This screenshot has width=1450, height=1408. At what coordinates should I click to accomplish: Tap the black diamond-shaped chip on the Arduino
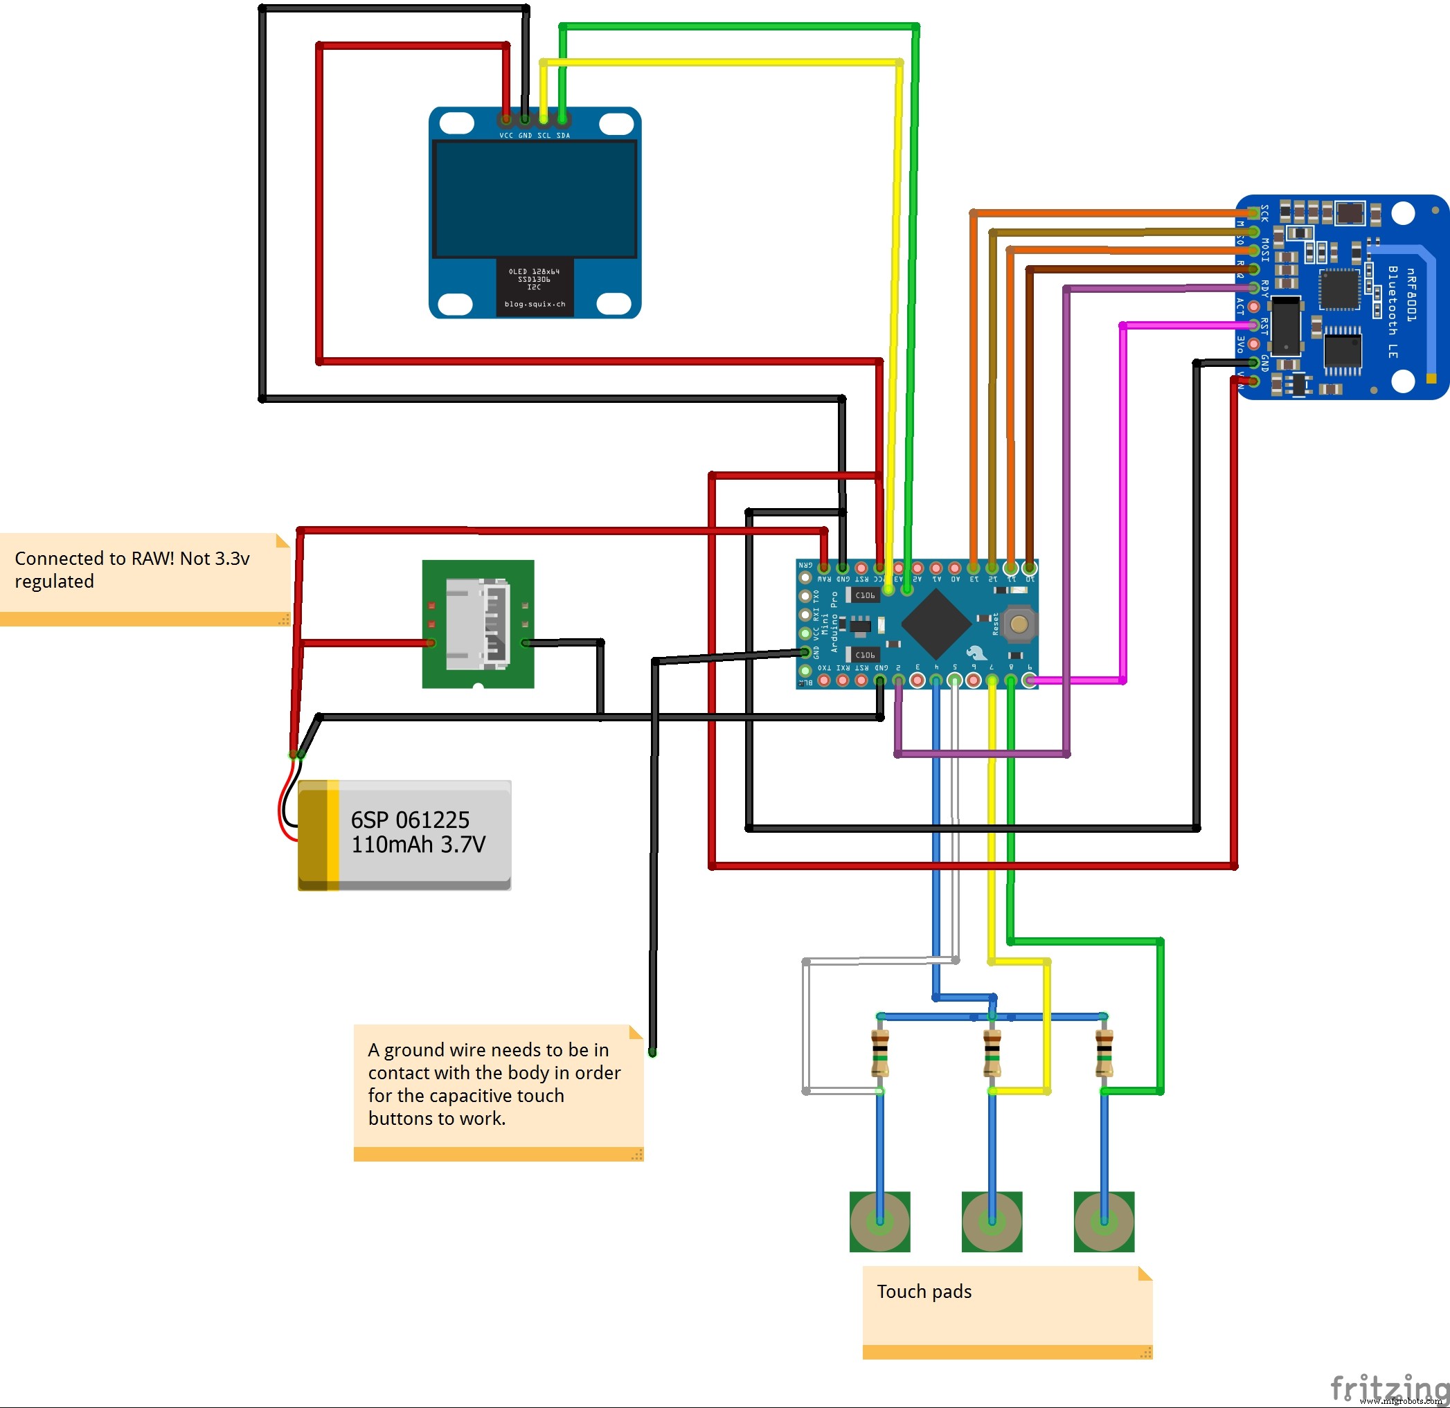[x=936, y=625]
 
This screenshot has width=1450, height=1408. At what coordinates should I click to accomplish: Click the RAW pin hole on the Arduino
[x=823, y=568]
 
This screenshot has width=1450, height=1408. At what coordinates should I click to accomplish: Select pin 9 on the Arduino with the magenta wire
[x=1029, y=680]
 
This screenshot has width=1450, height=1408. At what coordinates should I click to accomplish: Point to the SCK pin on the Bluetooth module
[x=1253, y=214]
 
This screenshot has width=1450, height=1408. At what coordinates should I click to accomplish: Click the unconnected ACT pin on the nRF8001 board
[x=1253, y=306]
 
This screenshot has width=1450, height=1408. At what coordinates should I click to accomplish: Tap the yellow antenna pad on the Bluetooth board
[x=1431, y=379]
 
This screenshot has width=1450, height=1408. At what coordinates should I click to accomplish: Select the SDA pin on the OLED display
[x=563, y=119]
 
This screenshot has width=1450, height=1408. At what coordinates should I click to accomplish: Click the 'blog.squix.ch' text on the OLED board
[x=534, y=304]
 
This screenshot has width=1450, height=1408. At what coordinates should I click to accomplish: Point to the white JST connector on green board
[x=478, y=624]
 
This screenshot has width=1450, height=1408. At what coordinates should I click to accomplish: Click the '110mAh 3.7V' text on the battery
[x=418, y=845]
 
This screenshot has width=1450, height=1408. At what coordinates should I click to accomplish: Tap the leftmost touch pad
[x=879, y=1221]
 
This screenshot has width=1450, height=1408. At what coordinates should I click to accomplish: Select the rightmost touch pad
[x=1104, y=1221]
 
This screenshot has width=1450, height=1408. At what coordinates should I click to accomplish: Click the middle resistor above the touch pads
[x=992, y=1053]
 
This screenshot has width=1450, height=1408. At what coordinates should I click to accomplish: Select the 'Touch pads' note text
[x=924, y=1291]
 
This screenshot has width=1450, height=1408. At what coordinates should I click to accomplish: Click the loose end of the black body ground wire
[x=652, y=1052]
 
